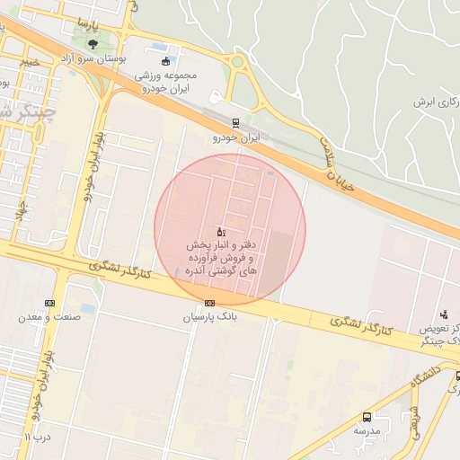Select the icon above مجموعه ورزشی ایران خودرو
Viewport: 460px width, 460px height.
coord(165,62)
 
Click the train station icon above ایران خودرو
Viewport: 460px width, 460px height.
coord(235,123)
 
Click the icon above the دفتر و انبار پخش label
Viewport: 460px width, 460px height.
coord(221,232)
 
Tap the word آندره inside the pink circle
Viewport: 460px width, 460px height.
coord(201,270)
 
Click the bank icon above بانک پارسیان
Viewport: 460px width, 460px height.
coord(210,303)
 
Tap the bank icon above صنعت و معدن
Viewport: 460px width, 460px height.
coord(49,303)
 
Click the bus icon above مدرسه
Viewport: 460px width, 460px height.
coord(367,417)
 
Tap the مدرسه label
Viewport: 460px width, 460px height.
coord(367,430)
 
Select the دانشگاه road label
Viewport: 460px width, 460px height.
coord(427,377)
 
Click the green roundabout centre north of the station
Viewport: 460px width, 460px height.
coord(237,62)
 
